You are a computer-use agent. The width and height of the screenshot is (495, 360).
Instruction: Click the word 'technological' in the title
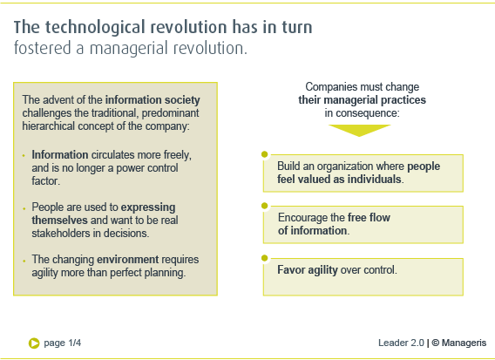(x=95, y=28)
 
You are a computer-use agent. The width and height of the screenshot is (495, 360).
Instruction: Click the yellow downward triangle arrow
(x=359, y=131)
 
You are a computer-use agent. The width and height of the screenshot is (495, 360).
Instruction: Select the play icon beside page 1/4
(x=34, y=343)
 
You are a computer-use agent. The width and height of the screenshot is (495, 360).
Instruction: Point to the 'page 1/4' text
(x=63, y=343)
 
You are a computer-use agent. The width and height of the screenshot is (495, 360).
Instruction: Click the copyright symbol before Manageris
(x=436, y=343)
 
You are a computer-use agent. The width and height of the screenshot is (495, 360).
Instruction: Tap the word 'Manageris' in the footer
(x=464, y=343)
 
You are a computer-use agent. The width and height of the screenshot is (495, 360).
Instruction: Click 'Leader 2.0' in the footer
(x=401, y=343)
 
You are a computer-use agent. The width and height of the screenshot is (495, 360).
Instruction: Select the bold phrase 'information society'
(x=153, y=100)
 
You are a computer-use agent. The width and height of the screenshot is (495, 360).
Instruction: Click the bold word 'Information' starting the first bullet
(x=60, y=155)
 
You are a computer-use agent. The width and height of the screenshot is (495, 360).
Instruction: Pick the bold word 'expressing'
(x=148, y=207)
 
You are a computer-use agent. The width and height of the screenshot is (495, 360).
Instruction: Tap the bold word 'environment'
(x=127, y=259)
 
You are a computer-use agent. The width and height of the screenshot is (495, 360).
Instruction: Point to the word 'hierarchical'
(x=49, y=126)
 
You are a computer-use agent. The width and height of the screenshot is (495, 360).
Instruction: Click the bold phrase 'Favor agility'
(x=308, y=270)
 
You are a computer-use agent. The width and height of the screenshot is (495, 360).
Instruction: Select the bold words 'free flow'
(x=369, y=217)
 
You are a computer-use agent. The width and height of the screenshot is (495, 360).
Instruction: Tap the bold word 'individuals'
(x=374, y=179)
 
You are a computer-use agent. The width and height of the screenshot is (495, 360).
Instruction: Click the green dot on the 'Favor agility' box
(x=265, y=258)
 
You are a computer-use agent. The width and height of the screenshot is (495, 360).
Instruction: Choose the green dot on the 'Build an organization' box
(x=265, y=154)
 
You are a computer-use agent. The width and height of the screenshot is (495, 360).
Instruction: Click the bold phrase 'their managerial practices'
(x=362, y=100)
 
